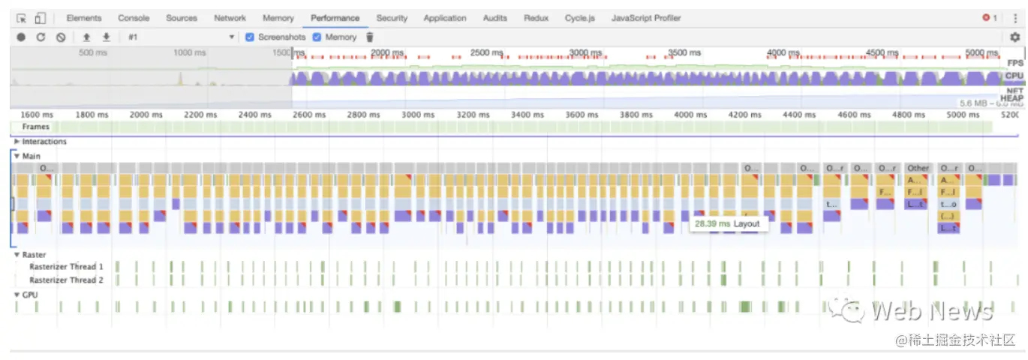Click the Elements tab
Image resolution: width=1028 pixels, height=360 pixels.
(84, 18)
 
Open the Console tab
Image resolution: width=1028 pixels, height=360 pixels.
(134, 18)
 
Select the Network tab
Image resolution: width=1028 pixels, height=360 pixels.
(230, 18)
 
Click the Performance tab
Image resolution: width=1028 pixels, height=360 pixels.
(335, 18)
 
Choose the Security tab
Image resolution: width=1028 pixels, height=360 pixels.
(392, 18)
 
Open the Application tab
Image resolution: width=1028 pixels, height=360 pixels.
(445, 18)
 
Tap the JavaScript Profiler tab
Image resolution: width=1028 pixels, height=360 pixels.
(646, 18)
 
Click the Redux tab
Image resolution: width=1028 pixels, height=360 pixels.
(536, 18)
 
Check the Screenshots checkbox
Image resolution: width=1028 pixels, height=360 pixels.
(251, 37)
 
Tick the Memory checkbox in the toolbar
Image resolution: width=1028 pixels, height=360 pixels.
(317, 37)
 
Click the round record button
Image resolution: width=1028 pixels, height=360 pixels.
(21, 37)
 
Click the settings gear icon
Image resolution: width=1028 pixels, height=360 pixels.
(1015, 37)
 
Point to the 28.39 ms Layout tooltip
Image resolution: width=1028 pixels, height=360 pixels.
(727, 223)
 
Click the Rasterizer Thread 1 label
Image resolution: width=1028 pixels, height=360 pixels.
(66, 267)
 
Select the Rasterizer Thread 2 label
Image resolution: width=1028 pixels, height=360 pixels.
(66, 280)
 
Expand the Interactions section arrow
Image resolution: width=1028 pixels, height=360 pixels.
(17, 142)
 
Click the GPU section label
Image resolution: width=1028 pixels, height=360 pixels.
(29, 295)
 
